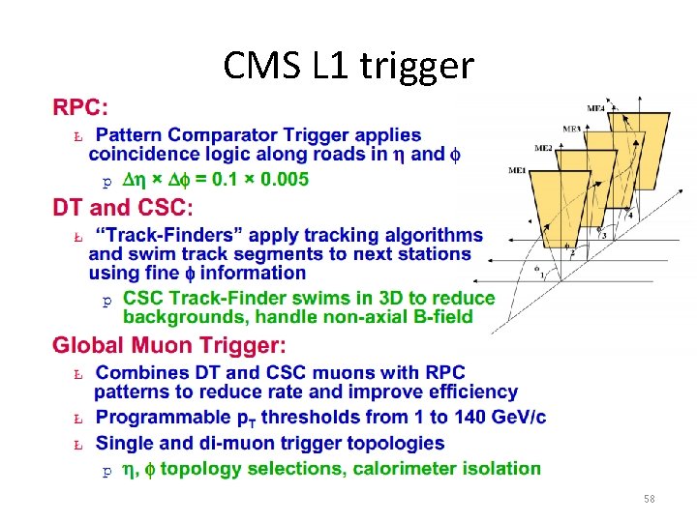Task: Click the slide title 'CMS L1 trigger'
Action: (348, 66)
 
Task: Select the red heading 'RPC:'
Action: (81, 105)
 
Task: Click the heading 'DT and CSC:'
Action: (123, 207)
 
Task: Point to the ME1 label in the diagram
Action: (518, 171)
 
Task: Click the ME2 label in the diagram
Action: (543, 148)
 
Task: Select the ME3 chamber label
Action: (571, 128)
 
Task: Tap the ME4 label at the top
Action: (596, 107)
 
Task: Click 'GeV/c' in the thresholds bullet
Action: (512, 418)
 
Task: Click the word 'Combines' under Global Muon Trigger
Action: (142, 373)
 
